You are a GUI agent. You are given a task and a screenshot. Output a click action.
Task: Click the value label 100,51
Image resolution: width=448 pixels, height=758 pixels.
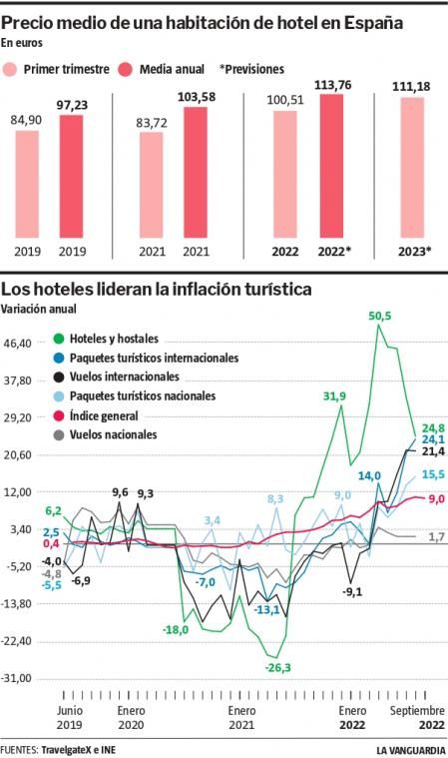click(284, 99)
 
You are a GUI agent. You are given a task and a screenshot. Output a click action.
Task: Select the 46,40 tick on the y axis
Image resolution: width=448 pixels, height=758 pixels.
click(21, 343)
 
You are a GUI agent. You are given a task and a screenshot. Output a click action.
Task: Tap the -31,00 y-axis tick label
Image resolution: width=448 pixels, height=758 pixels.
click(20, 678)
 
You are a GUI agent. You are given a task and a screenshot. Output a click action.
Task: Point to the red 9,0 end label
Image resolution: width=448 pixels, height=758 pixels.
click(436, 499)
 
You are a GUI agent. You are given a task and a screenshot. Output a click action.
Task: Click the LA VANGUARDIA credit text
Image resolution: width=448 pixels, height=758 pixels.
click(410, 749)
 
